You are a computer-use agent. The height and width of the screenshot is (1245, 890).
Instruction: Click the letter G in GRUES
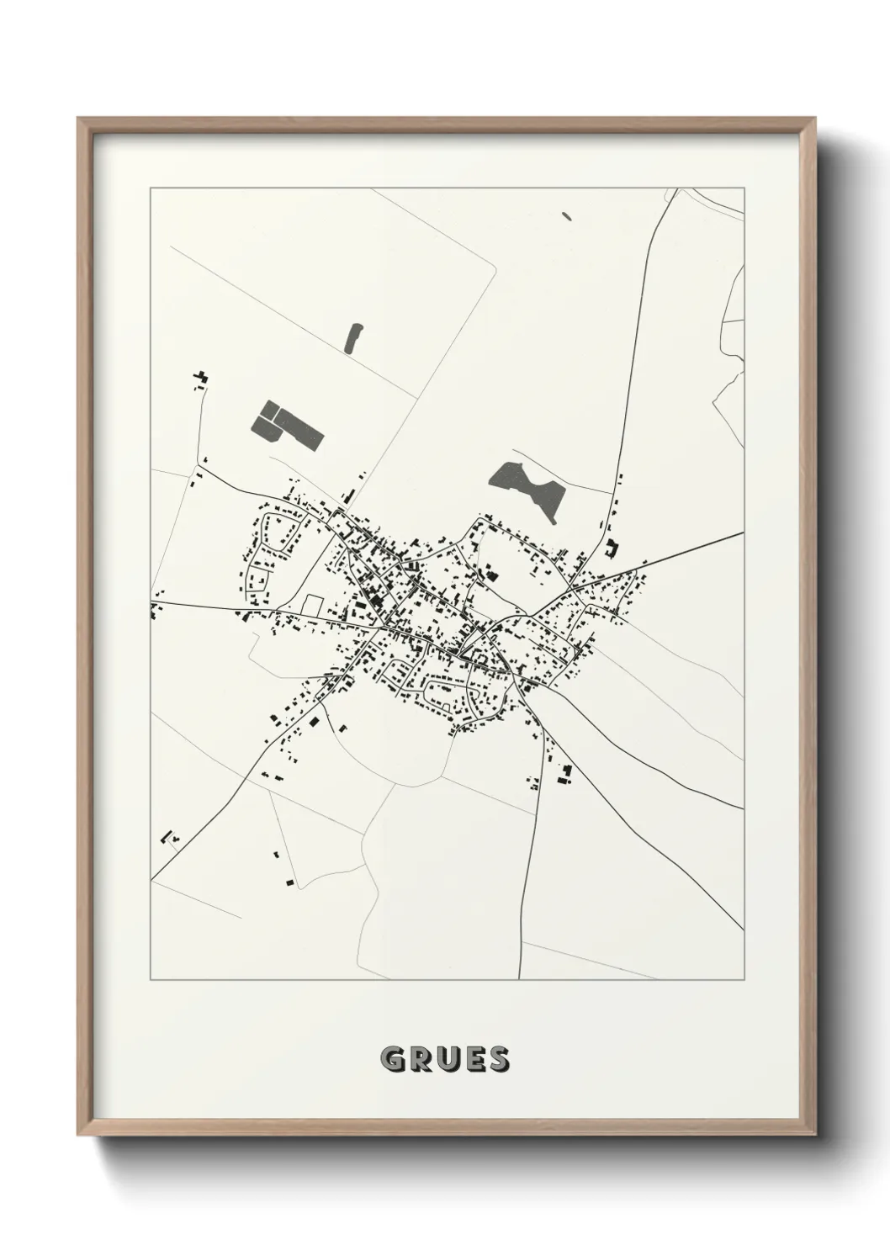click(x=393, y=1060)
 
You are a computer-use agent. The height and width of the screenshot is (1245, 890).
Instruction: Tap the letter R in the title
click(x=420, y=1060)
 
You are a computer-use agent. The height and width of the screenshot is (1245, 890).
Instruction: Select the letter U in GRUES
click(x=447, y=1060)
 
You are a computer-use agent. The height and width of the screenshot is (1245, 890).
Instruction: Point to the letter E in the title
click(x=473, y=1060)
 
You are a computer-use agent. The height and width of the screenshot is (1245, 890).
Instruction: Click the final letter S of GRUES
click(x=498, y=1060)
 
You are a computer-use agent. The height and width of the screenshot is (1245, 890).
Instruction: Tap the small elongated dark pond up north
click(x=354, y=336)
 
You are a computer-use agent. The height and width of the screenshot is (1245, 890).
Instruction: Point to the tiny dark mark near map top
click(x=566, y=215)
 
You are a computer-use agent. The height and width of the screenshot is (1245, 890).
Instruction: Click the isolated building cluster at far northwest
click(x=201, y=378)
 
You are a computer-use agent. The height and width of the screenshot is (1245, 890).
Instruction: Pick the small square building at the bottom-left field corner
click(x=290, y=882)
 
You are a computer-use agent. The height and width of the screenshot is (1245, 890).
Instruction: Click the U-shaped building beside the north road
click(x=611, y=548)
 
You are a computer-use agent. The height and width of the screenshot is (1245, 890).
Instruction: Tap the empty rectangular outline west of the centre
click(x=313, y=604)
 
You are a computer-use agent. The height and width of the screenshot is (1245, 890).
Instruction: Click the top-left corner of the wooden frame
click(x=81, y=120)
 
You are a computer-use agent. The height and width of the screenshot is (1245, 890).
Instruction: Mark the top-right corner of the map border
click(x=744, y=188)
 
